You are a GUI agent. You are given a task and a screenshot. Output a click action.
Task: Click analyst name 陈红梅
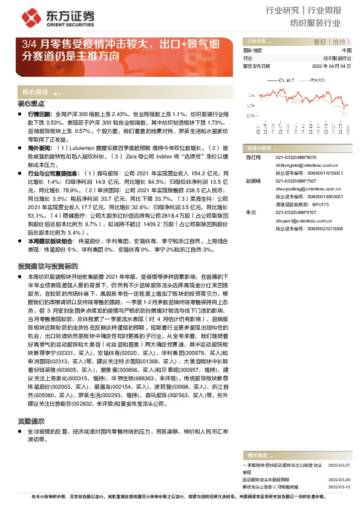252,157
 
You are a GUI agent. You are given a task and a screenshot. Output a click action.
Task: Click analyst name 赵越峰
252,181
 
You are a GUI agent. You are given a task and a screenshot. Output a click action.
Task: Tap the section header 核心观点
35,92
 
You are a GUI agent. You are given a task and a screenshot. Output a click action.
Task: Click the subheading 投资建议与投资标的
48,266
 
